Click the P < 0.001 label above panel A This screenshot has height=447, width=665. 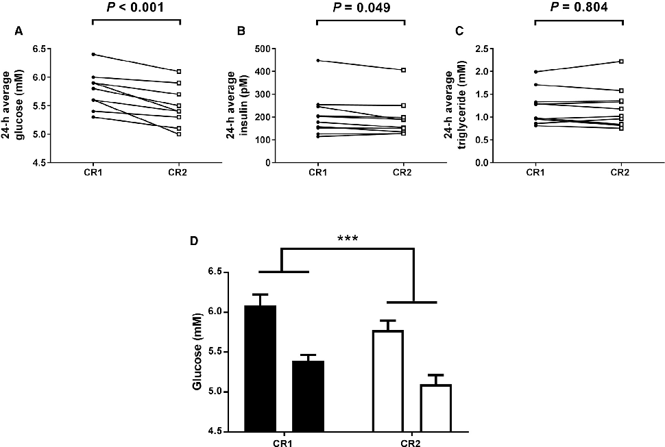(136, 8)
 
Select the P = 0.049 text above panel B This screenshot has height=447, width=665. (361, 8)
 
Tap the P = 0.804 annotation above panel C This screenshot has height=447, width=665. (579, 8)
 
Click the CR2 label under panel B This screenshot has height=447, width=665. (404, 173)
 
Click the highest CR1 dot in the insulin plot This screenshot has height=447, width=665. (317, 60)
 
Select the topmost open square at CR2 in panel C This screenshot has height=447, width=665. (621, 62)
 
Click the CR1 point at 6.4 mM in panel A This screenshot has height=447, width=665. (93, 54)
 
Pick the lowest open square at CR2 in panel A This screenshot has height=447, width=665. (180, 133)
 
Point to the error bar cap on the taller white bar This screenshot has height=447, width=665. (388, 320)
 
